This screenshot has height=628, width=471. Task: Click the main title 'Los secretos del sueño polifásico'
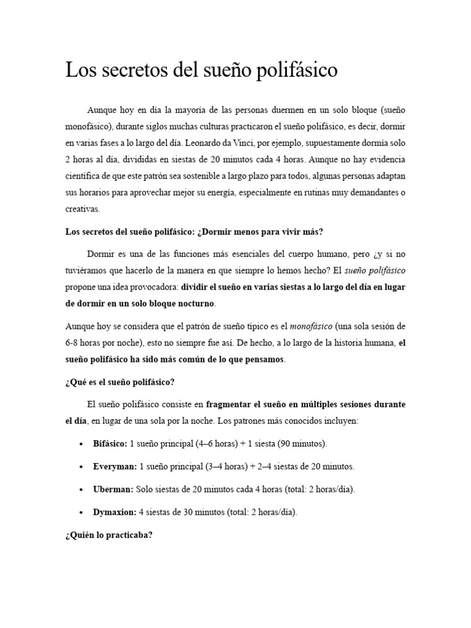click(201, 71)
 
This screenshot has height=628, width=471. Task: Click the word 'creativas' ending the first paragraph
click(82, 209)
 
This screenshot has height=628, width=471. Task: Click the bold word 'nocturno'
click(194, 304)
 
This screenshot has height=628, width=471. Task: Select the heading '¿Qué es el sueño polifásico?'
click(120, 381)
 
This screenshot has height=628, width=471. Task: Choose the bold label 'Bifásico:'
click(110, 443)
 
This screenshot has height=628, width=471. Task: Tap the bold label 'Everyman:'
click(115, 466)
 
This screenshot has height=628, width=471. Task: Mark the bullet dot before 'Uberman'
click(82, 490)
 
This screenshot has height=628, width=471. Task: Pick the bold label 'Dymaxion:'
click(115, 513)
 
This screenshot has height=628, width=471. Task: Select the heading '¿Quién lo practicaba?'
click(109, 535)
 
